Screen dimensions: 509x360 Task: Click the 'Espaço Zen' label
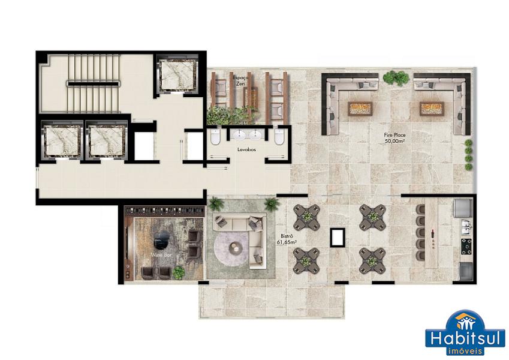tap(240, 80)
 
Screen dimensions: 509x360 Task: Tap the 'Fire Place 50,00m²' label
tap(394, 138)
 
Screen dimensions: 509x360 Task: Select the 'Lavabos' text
tap(247, 150)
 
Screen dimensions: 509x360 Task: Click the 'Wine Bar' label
tap(161, 255)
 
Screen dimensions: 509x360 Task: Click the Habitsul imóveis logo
tap(465, 332)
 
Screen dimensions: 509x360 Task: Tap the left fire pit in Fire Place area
tap(360, 109)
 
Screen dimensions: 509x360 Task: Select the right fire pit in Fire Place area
tap(432, 109)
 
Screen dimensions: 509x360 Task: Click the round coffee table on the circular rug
tap(236, 248)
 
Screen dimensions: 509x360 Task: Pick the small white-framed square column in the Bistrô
tap(338, 237)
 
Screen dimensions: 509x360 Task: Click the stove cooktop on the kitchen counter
tap(467, 246)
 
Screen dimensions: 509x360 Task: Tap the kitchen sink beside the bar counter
tap(466, 226)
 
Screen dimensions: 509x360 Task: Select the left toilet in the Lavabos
tap(215, 136)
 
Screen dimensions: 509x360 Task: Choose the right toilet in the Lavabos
tap(279, 136)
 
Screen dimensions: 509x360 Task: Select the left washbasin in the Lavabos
tap(240, 135)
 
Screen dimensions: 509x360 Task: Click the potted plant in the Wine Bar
tap(179, 272)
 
